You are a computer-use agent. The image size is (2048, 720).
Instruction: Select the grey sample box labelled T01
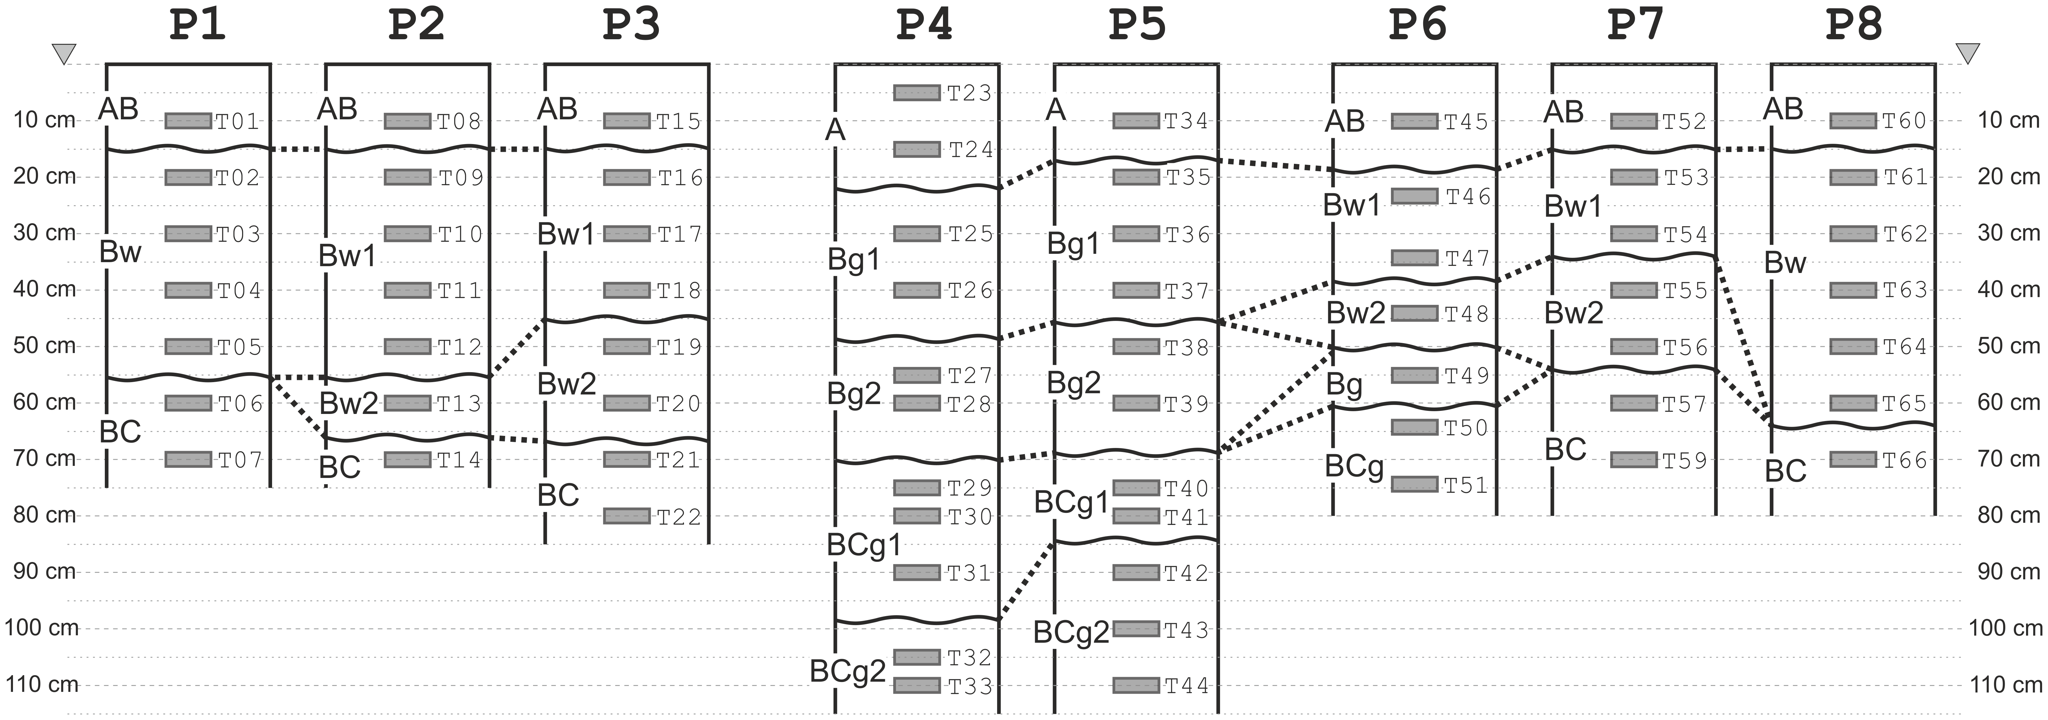pos(188,121)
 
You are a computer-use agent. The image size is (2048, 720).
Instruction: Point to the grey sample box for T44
pos(1135,685)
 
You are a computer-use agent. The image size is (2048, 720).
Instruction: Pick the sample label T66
pos(1905,460)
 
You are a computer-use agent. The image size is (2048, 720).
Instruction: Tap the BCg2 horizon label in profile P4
pos(847,671)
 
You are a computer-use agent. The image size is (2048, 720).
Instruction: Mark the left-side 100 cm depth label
pos(41,628)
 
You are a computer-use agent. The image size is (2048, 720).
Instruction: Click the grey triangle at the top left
pos(64,54)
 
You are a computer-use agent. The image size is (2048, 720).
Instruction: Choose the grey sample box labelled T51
pos(1414,484)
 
